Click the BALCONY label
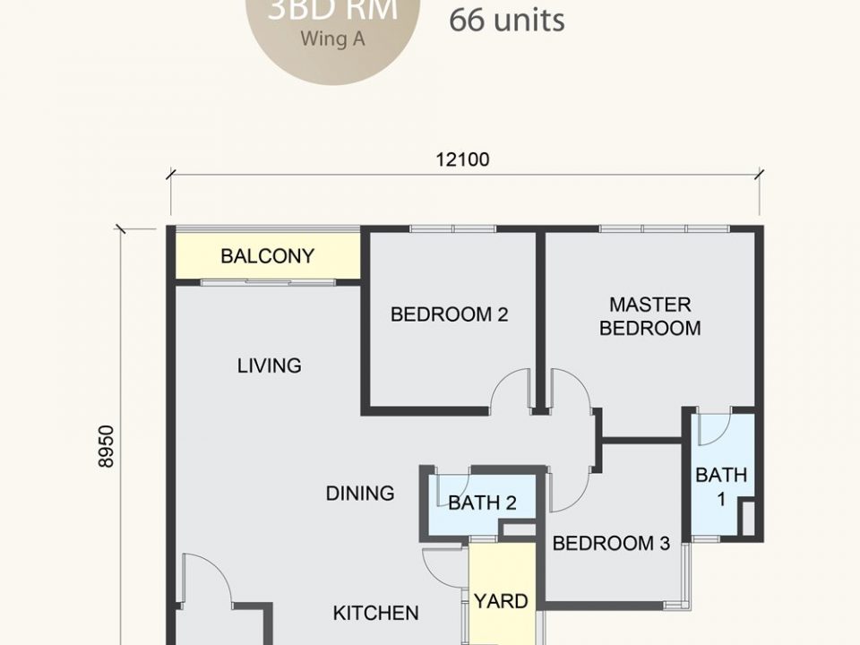pyautogui.click(x=267, y=256)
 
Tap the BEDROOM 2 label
pyautogui.click(x=449, y=314)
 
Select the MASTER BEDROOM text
pyautogui.click(x=649, y=316)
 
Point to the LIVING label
pyautogui.click(x=269, y=365)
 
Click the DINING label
pyautogui.click(x=359, y=493)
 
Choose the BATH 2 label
pyautogui.click(x=482, y=503)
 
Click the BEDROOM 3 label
pyautogui.click(x=611, y=543)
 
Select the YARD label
pyautogui.click(x=501, y=601)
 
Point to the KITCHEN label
pyautogui.click(x=375, y=613)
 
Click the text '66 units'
pyautogui.click(x=506, y=20)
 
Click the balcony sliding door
pyautogui.click(x=268, y=283)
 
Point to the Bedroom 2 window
pyautogui.click(x=452, y=229)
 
